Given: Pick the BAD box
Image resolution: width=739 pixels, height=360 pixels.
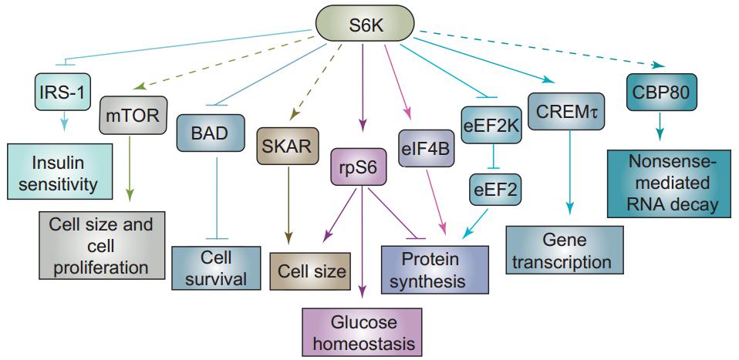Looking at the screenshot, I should pos(206,133).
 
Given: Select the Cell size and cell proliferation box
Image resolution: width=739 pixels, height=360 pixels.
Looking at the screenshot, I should pos(103,246).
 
